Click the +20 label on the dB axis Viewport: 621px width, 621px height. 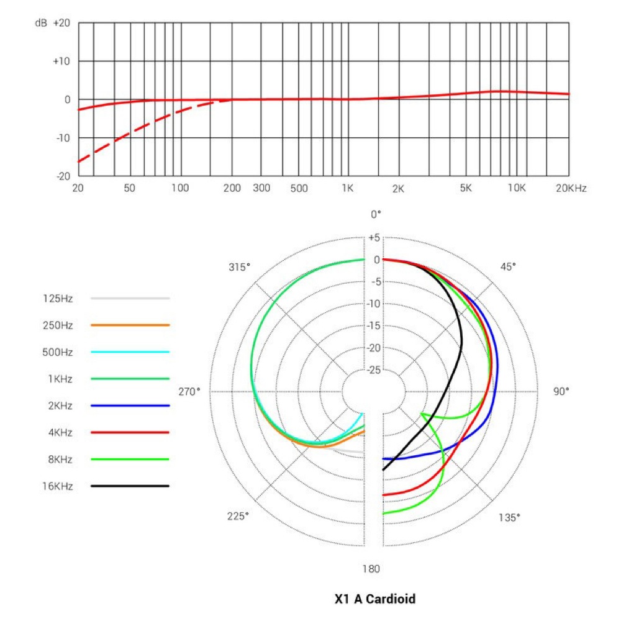pos(61,23)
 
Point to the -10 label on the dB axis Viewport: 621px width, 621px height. pos(61,138)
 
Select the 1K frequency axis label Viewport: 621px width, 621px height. pos(347,188)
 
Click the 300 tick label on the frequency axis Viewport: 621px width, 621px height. pos(261,188)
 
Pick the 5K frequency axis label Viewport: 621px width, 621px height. pos(466,188)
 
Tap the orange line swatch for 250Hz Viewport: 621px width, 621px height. pos(130,325)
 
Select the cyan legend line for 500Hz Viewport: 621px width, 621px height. pos(130,352)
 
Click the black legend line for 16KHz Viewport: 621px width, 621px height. pos(130,486)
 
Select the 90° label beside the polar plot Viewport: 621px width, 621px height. pos(561,391)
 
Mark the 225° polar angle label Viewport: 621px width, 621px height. pos(239,517)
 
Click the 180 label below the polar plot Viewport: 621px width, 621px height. pos(372,569)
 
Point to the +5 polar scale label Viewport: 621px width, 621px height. pos(373,238)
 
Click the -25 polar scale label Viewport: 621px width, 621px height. pos(373,371)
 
